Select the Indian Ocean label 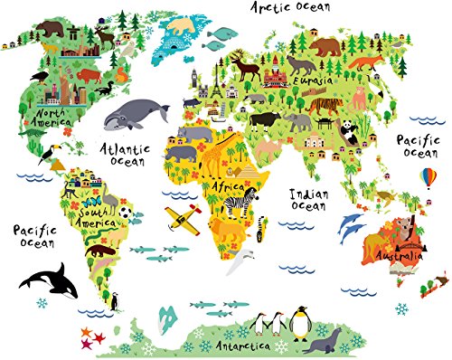click(307, 200)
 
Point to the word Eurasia click(316, 81)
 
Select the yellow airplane click(180, 217)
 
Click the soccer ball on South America click(126, 215)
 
